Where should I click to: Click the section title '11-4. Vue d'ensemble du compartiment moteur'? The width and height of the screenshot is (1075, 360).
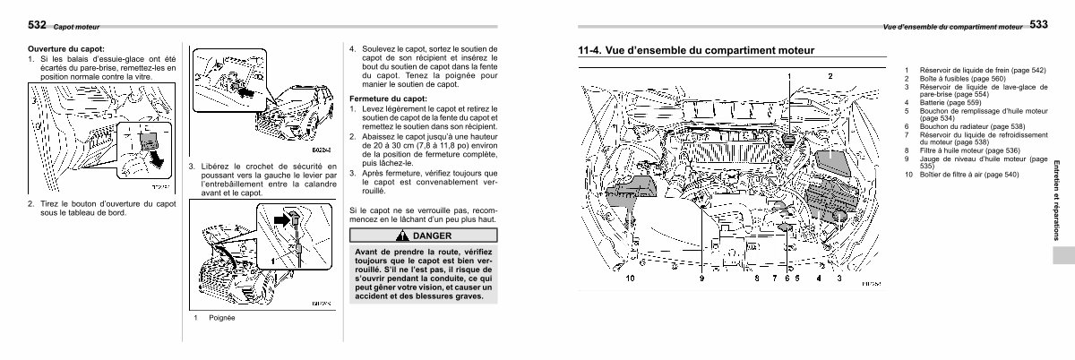[697, 51]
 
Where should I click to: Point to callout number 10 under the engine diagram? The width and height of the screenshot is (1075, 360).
[631, 279]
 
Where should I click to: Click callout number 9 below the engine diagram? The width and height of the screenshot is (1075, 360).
[702, 279]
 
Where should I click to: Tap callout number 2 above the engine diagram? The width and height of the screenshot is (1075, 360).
[830, 77]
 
